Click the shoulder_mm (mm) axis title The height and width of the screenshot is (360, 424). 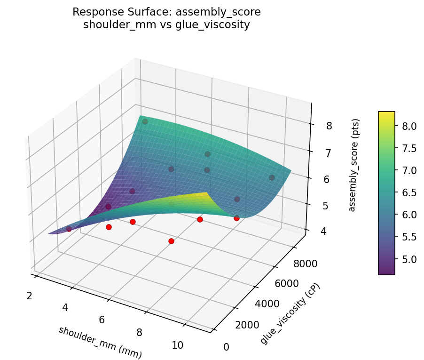100,342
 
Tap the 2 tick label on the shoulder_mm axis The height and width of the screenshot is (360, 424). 29,296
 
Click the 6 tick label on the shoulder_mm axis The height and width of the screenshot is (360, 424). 102,320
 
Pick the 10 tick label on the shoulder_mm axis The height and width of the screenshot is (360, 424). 177,345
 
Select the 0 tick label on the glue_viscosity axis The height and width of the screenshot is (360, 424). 227,347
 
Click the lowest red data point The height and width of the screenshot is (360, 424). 171,241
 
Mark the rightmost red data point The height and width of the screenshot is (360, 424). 236,218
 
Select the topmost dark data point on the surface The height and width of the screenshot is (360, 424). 145,122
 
